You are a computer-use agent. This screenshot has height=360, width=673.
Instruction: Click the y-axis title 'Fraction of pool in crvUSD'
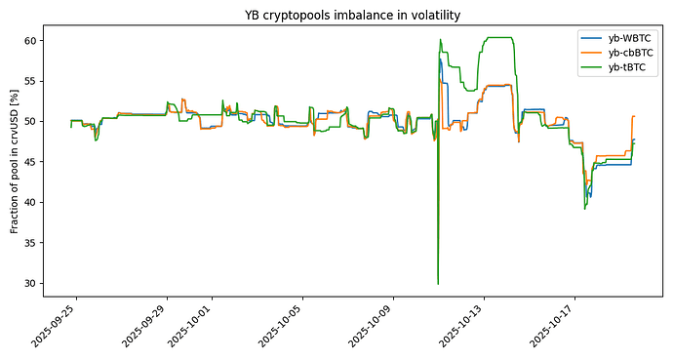pos(15,162)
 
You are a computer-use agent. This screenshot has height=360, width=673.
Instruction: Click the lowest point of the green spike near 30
pos(438,284)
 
